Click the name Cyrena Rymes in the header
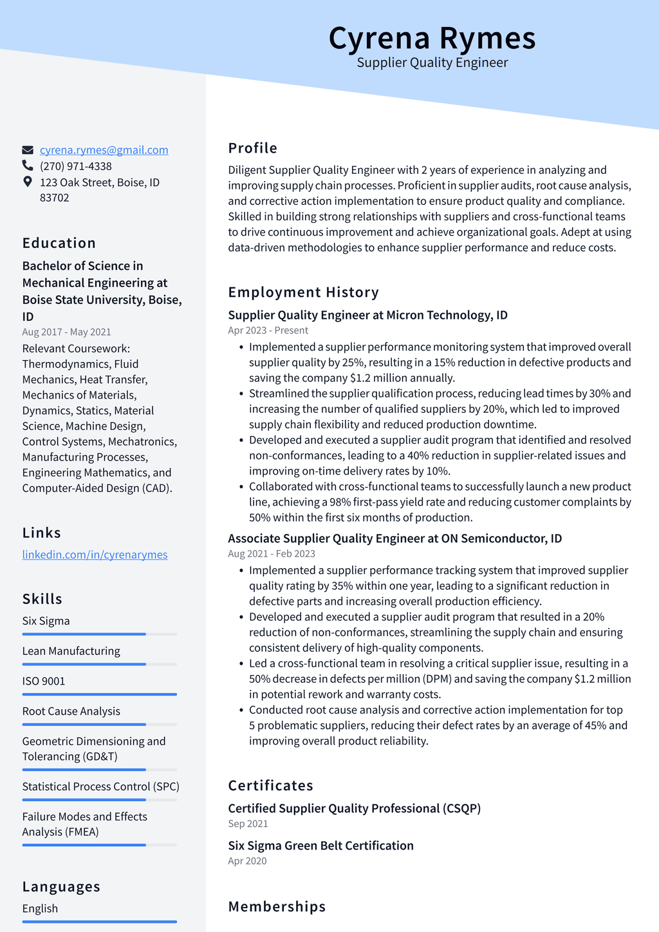coord(432,38)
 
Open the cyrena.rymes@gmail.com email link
coord(104,150)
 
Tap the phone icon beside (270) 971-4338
coord(28,166)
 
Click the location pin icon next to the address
coord(28,182)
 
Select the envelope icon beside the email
coord(28,150)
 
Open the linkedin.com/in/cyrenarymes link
coord(95,555)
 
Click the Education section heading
coord(59,243)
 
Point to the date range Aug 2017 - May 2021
coord(66,332)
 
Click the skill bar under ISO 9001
coord(99,694)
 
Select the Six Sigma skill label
coord(46,621)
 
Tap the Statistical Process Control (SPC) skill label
coord(100,786)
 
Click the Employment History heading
coord(303,292)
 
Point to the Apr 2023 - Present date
coord(268,330)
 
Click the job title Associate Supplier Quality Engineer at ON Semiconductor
coord(394,538)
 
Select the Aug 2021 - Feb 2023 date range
coord(271,554)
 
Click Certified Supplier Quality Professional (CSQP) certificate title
coord(354,808)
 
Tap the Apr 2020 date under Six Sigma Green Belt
coord(247,861)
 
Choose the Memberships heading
coord(277,907)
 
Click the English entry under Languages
coord(40,909)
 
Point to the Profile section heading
coord(252,148)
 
